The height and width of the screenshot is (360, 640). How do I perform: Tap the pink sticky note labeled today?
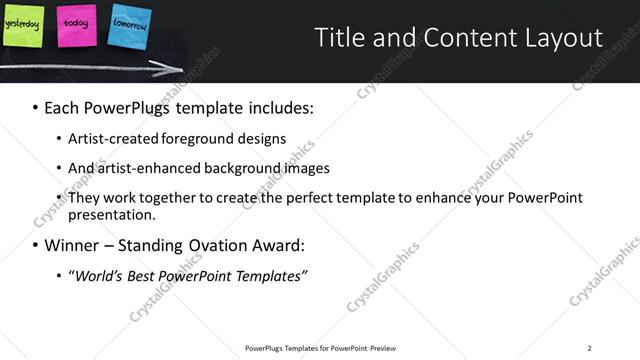pos(76,24)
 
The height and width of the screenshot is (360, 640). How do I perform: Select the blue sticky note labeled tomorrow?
pos(127,27)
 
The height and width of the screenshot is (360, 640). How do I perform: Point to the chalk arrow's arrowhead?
pos(177,70)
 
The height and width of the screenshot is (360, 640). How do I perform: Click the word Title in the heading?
pos(338,39)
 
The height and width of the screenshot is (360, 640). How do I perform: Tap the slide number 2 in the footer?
pos(589,347)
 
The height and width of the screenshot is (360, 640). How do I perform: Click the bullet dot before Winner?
pos(36,245)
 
